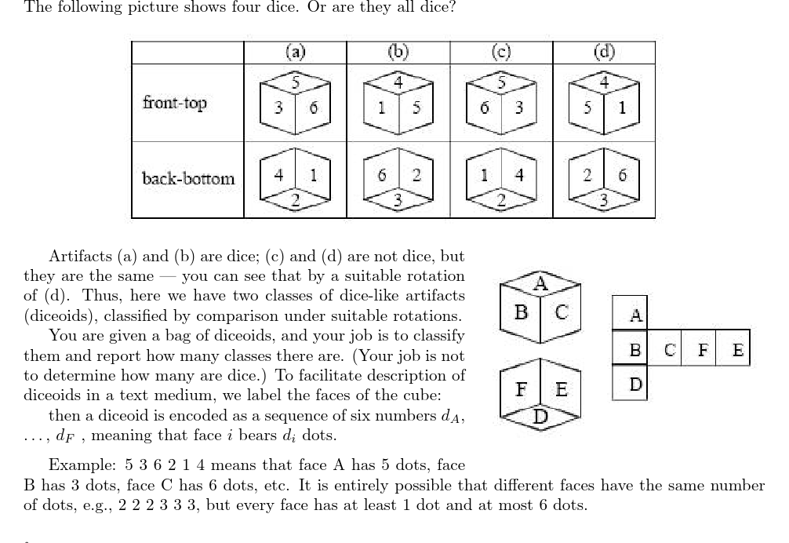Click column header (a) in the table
(295, 52)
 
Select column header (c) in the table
(501, 52)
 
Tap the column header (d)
(604, 52)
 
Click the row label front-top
(175, 102)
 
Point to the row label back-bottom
(188, 178)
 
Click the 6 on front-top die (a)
(312, 108)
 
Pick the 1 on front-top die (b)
(381, 108)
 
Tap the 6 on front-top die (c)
(485, 108)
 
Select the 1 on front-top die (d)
(621, 108)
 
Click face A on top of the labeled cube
(540, 283)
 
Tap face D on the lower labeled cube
(540, 417)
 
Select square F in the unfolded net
(704, 350)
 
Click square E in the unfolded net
(737, 350)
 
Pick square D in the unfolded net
(636, 384)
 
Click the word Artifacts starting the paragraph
(81, 257)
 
